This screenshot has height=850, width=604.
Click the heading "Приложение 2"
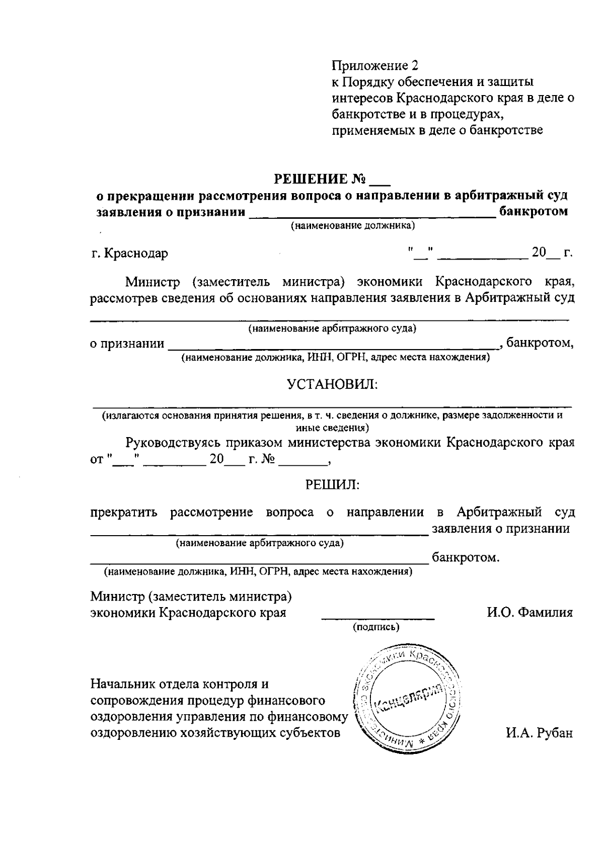(375, 65)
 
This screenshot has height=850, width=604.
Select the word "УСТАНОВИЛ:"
(332, 384)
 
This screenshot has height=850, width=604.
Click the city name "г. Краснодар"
(129, 252)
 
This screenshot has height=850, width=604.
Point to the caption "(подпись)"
(376, 627)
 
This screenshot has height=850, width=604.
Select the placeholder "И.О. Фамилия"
(530, 612)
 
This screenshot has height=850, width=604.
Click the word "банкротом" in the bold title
(533, 211)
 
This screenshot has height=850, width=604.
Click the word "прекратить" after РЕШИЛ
(124, 513)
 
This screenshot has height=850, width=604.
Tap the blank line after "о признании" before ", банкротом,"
(332, 347)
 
